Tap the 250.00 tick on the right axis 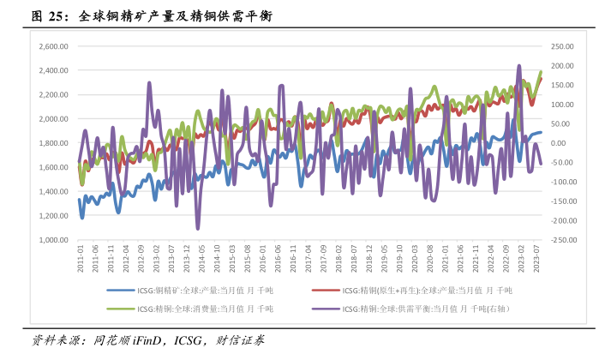[562, 46]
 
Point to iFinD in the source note [147, 340]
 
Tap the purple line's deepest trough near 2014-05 [198, 228]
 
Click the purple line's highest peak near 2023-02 [518, 66]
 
